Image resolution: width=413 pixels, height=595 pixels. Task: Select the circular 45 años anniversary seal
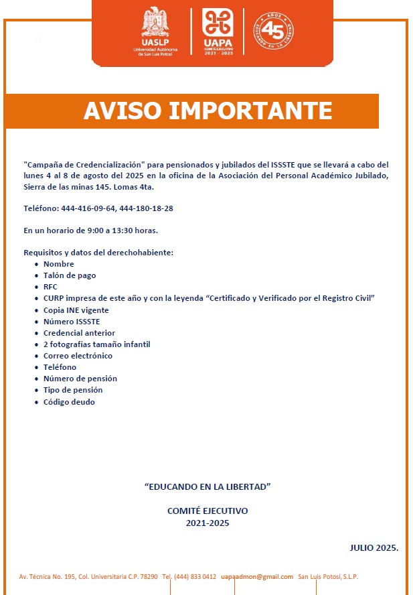pyautogui.click(x=273, y=30)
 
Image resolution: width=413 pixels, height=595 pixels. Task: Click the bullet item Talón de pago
pyautogui.click(x=70, y=275)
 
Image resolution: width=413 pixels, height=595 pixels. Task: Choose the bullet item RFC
pyautogui.click(x=51, y=287)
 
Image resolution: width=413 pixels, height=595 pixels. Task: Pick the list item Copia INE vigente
pyautogui.click(x=76, y=310)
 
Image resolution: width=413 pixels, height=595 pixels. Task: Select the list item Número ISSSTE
pyautogui.click(x=72, y=322)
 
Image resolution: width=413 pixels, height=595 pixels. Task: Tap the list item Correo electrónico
pyautogui.click(x=78, y=356)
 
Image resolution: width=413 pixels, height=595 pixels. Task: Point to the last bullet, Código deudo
pyautogui.click(x=69, y=402)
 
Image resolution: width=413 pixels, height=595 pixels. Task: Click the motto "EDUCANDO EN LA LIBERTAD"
pyautogui.click(x=208, y=484)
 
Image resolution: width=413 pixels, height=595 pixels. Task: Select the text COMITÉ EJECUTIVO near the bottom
pyautogui.click(x=208, y=511)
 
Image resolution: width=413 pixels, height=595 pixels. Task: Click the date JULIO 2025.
pyautogui.click(x=374, y=547)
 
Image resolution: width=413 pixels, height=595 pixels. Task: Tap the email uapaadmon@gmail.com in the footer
pyautogui.click(x=257, y=577)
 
